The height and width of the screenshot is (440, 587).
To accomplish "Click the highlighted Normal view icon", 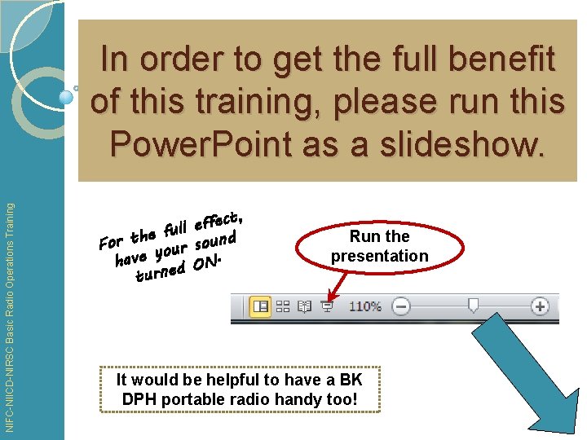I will [261, 306].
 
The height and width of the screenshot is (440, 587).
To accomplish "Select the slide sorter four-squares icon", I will [284, 306].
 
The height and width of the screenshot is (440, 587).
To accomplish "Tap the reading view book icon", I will [305, 306].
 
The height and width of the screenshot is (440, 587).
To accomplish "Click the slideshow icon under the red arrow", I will [326, 306].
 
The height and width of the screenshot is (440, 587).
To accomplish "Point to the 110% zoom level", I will [365, 306].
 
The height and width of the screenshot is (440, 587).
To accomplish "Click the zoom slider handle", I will [473, 306].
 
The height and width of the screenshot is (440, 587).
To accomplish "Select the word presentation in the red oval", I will [379, 256].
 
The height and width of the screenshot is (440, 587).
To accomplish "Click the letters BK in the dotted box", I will [351, 380].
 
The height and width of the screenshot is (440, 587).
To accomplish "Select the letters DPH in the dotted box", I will [139, 399].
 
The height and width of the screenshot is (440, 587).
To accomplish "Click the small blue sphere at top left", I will [67, 96].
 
